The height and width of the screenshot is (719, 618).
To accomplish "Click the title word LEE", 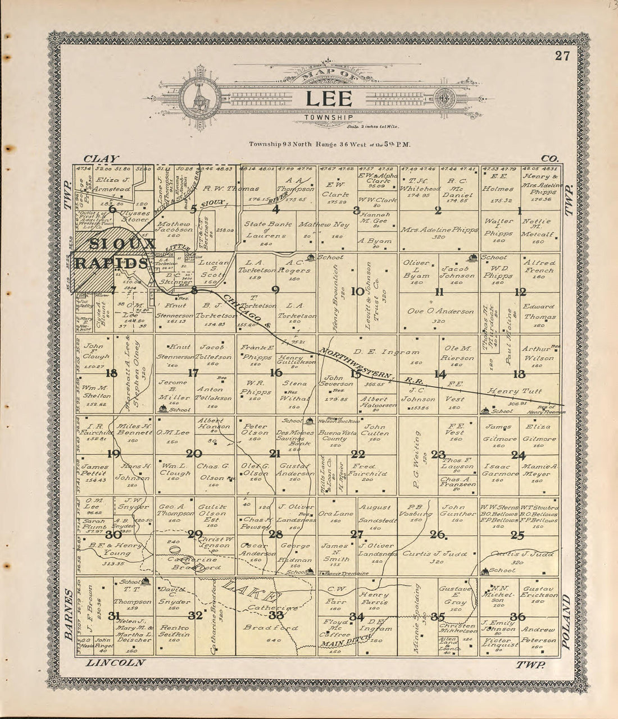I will pyautogui.click(x=329, y=99).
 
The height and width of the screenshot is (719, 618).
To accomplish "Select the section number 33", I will pyautogui.click(x=276, y=615).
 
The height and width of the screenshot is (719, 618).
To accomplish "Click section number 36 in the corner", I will pyautogui.click(x=517, y=616).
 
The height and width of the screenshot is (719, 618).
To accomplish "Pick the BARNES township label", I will pyautogui.click(x=68, y=614).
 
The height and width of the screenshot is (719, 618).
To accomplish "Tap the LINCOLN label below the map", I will pyautogui.click(x=115, y=662).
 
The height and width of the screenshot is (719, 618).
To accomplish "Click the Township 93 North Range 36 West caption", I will pyautogui.click(x=330, y=144).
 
